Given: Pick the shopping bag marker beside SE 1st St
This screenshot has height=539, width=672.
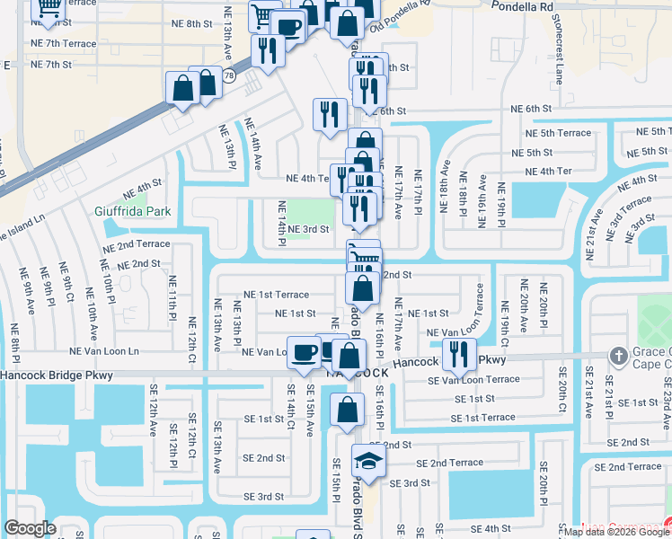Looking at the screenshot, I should [348, 411].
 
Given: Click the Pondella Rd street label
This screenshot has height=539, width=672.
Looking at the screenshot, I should [519, 6].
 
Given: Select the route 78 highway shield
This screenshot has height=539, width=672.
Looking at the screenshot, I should [230, 76].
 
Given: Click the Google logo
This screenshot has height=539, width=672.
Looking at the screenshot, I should [29, 528].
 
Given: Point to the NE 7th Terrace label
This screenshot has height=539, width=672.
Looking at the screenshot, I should [63, 43].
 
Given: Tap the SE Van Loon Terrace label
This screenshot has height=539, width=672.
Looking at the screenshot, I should [473, 379].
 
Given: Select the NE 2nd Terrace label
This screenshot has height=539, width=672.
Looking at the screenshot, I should [136, 244].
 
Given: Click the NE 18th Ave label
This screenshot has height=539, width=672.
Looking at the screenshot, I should [444, 186].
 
